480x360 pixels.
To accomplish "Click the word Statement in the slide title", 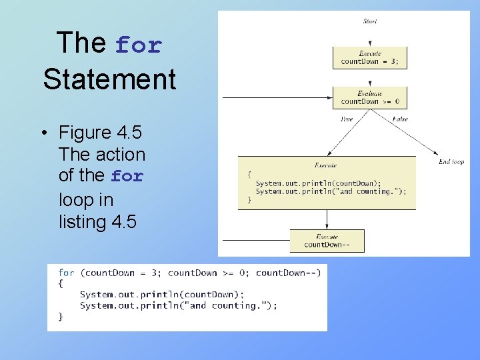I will pyautogui.click(x=109, y=79).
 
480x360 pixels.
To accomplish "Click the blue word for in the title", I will pyautogui.click(x=139, y=45).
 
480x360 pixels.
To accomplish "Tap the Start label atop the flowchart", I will pyautogui.click(x=370, y=21).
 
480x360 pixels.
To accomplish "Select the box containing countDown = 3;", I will pyautogui.click(x=369, y=57).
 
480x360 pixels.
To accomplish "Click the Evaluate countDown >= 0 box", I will pyautogui.click(x=369, y=98).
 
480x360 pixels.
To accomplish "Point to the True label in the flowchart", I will pyautogui.click(x=347, y=119).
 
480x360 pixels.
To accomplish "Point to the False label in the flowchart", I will pyautogui.click(x=400, y=119).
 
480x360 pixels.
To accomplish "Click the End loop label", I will pyautogui.click(x=451, y=162).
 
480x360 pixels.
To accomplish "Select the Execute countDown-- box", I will pyautogui.click(x=327, y=241).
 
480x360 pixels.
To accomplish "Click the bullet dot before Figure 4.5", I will pyautogui.click(x=42, y=132).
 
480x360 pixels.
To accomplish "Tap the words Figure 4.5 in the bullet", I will pyautogui.click(x=100, y=132).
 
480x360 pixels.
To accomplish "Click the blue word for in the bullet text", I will pyautogui.click(x=127, y=177).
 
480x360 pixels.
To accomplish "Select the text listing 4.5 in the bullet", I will pyautogui.click(x=97, y=221).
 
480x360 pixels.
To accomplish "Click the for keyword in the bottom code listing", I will pyautogui.click(x=66, y=273).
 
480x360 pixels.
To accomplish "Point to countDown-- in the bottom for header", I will pyautogui.click(x=288, y=273).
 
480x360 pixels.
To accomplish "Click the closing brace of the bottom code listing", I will pyautogui.click(x=61, y=317).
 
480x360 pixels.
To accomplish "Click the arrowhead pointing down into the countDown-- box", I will pyautogui.click(x=327, y=226).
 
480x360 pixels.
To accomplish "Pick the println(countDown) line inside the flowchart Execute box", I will pyautogui.click(x=318, y=183).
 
